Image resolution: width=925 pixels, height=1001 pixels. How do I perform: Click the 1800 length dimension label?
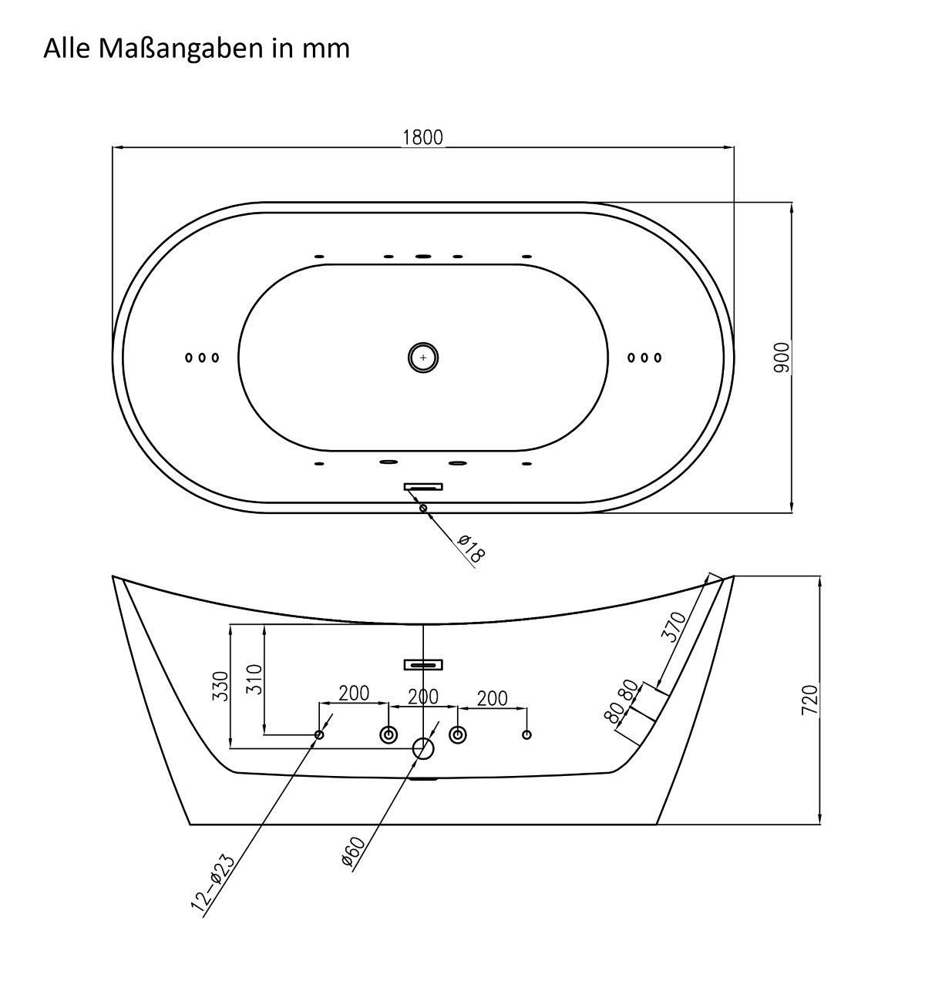coord(422,137)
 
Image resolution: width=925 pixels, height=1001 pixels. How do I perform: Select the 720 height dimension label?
coord(809,700)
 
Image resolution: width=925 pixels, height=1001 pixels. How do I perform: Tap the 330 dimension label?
coord(220,686)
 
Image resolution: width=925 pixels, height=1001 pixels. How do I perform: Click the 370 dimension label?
coord(674,628)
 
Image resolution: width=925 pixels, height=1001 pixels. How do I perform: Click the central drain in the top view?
coord(422,357)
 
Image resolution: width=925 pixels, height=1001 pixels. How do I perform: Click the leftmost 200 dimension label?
coord(354,693)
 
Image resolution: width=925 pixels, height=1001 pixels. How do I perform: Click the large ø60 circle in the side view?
coord(423,748)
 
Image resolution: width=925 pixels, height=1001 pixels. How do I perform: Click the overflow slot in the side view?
coord(423,664)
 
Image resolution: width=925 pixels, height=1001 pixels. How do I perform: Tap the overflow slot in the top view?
coord(423,486)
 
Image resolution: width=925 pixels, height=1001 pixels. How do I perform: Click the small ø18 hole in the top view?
coord(422,508)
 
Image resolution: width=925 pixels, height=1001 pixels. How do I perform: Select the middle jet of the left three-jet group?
coord(202,358)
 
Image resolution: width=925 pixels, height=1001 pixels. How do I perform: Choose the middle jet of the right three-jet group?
coord(644,358)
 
